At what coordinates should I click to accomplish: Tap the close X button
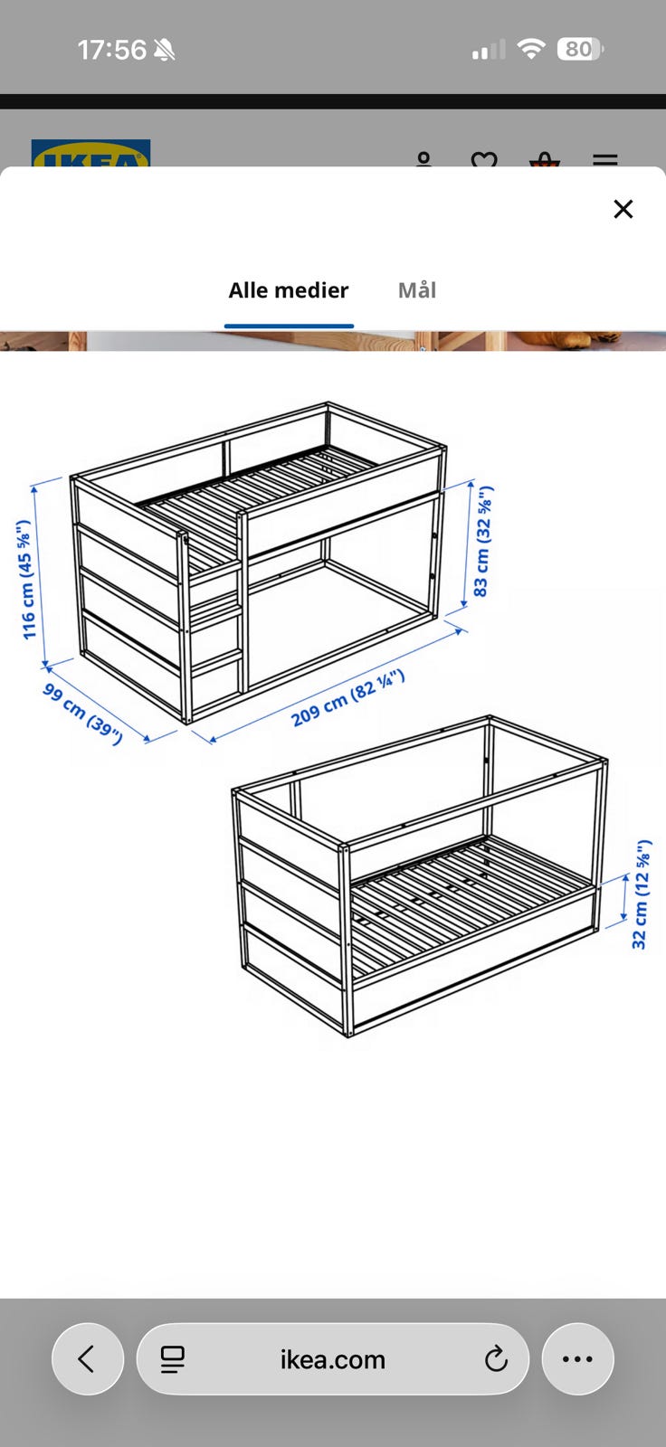(623, 209)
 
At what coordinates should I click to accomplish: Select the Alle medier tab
(289, 290)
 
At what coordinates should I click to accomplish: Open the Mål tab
(417, 290)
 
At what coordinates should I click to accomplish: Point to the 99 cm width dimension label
(82, 714)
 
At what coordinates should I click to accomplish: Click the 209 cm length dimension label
(347, 697)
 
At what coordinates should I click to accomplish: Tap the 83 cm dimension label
(482, 542)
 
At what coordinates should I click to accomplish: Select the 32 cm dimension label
(640, 894)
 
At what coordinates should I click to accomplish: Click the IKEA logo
(90, 154)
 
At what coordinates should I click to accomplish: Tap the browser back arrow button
(87, 1359)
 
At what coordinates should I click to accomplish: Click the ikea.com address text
(332, 1360)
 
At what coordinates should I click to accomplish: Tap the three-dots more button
(577, 1359)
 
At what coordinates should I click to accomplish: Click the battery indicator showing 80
(581, 49)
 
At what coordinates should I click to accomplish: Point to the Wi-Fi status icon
(531, 49)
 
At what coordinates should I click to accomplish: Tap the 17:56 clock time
(112, 50)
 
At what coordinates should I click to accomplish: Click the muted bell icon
(164, 50)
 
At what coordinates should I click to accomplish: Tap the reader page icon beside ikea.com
(173, 1359)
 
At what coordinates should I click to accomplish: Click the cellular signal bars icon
(489, 49)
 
